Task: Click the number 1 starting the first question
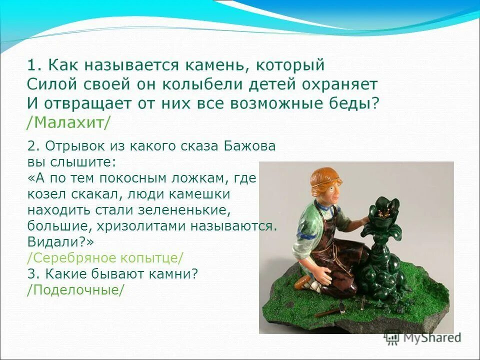[x=31, y=65]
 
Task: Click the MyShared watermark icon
[x=392, y=337]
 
